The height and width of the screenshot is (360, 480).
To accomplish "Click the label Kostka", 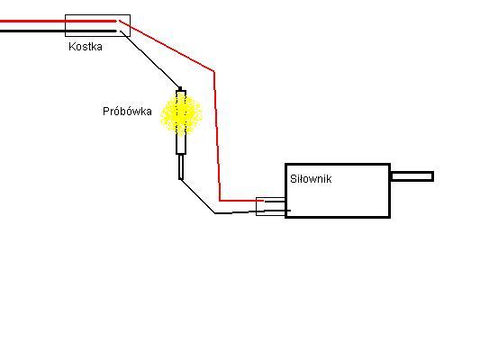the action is (86, 47).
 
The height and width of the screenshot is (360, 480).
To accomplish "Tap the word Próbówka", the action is (127, 111).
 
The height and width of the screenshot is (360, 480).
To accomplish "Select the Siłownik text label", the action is (311, 179).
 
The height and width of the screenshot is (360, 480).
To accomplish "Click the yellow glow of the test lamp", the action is (181, 113).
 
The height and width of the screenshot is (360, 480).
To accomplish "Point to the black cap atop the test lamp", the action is (180, 89).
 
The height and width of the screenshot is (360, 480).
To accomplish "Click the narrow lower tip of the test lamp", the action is (181, 167).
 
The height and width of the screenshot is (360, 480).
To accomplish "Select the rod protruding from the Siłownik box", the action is (412, 176).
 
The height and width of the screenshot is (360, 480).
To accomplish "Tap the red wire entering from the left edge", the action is (59, 21).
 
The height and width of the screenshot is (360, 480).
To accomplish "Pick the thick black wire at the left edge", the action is (59, 31).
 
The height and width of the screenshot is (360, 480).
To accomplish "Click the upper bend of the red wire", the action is (213, 72).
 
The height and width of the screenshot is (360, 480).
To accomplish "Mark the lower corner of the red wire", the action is (220, 201).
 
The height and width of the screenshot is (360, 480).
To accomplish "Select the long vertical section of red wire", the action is (217, 136).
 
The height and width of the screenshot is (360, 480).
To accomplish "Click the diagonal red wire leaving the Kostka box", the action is (167, 46).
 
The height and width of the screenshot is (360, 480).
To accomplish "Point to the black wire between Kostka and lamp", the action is (150, 59).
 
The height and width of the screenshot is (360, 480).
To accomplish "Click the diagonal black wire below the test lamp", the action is (197, 196).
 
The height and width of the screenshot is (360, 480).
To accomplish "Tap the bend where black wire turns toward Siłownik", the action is (215, 213).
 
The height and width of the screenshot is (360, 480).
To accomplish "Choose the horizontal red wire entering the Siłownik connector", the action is (241, 201).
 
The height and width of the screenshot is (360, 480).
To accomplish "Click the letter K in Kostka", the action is (72, 47).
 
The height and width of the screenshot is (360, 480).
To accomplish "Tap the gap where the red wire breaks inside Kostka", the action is (118, 21).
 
